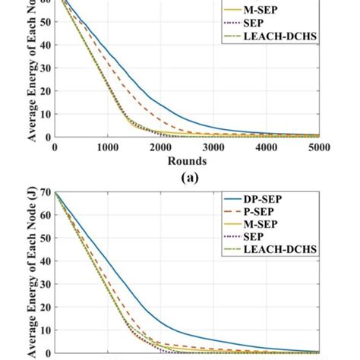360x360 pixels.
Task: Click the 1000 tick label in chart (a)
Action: click(x=107, y=149)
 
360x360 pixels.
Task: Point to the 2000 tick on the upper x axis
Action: click(x=161, y=149)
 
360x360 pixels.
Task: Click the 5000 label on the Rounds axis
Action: click(x=320, y=149)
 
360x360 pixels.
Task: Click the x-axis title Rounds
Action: click(x=188, y=161)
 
